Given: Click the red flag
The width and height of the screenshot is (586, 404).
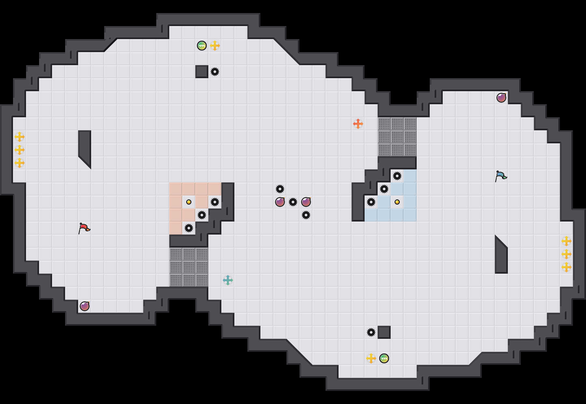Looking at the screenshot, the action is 84,228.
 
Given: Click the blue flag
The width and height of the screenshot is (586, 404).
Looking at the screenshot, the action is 501,176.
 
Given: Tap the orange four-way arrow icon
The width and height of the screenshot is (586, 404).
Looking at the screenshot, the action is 358,124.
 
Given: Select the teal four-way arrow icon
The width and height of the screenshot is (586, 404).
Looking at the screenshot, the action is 228,280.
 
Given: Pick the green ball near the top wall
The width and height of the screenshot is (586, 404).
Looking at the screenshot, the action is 202,46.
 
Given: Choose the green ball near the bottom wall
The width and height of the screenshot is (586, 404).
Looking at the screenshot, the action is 384,358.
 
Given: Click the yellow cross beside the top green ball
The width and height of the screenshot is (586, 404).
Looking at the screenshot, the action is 215,46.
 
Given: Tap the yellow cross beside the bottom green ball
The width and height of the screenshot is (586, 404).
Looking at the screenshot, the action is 371,358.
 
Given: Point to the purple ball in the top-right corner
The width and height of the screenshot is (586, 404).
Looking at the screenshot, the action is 501,98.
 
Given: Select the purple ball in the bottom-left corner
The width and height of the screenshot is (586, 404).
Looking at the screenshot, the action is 85,306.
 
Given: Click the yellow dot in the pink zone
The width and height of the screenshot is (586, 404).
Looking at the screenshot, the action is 189,202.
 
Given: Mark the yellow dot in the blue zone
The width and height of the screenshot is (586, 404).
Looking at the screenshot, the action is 397,202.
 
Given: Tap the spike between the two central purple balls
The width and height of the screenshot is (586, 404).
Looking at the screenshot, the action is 293,202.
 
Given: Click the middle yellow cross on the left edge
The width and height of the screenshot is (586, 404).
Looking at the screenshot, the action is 20,150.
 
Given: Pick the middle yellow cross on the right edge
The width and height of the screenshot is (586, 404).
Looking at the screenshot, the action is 566,254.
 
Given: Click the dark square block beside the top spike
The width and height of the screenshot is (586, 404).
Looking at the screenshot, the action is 202,72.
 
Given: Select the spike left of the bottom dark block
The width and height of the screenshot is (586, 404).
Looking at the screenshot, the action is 371,332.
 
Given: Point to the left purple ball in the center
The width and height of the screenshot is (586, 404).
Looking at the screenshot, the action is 280,202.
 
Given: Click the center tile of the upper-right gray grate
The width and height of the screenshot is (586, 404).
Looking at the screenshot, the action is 397,137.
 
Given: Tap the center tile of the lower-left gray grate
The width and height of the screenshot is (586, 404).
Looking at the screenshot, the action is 189,267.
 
